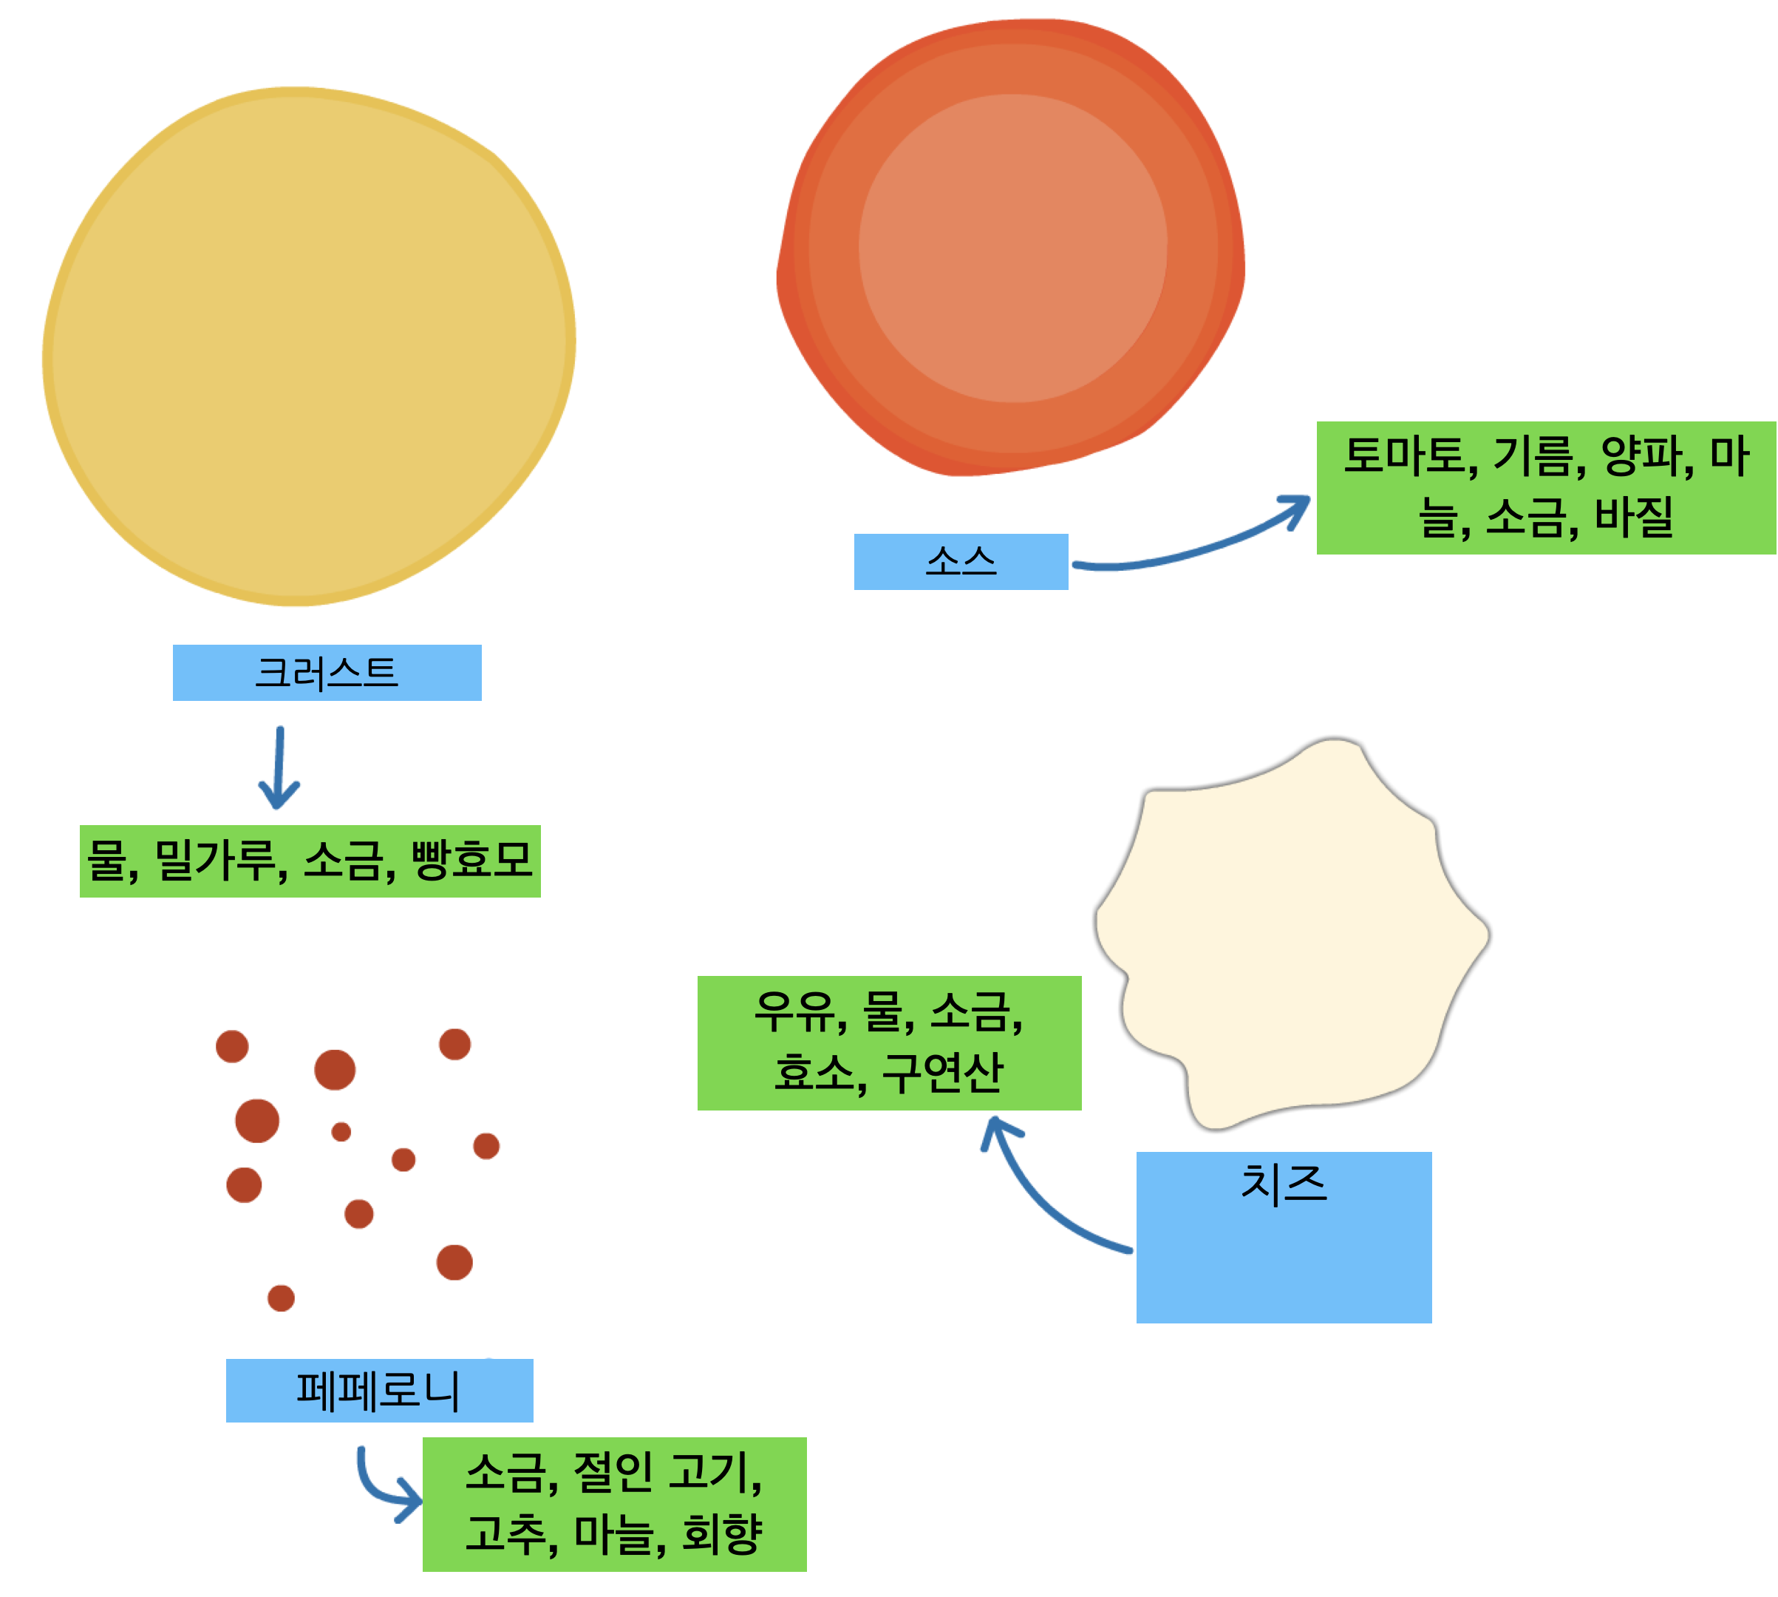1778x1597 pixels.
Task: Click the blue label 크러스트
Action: tap(327, 673)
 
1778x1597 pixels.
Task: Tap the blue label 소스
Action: tap(961, 562)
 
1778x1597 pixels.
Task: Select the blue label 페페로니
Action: tap(378, 1390)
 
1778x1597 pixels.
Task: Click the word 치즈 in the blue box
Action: tap(1284, 1183)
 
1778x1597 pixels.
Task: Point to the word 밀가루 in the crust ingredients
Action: tap(219, 861)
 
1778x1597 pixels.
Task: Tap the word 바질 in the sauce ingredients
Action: tap(1633, 518)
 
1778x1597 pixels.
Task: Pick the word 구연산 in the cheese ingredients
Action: tap(942, 1072)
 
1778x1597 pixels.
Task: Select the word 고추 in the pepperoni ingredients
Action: tap(506, 1534)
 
